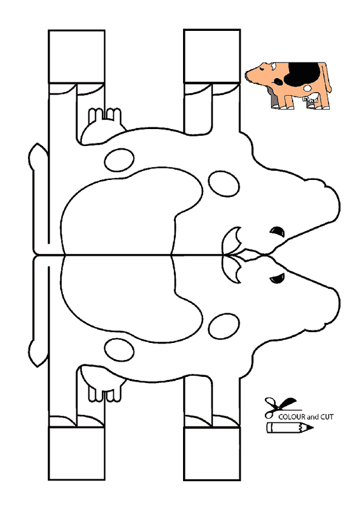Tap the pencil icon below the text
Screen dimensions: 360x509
290,428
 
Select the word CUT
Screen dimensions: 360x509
327,417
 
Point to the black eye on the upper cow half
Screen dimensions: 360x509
278,231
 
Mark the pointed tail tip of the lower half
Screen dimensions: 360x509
38,366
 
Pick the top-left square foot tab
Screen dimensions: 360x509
76,56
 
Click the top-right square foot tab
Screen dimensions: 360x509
212,56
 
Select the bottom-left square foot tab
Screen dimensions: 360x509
76,453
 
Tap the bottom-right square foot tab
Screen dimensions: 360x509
212,454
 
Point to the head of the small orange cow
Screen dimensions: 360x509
259,73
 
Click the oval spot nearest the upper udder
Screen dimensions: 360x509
119,160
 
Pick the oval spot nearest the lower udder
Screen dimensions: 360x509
119,350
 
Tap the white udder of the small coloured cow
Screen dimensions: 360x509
312,97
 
